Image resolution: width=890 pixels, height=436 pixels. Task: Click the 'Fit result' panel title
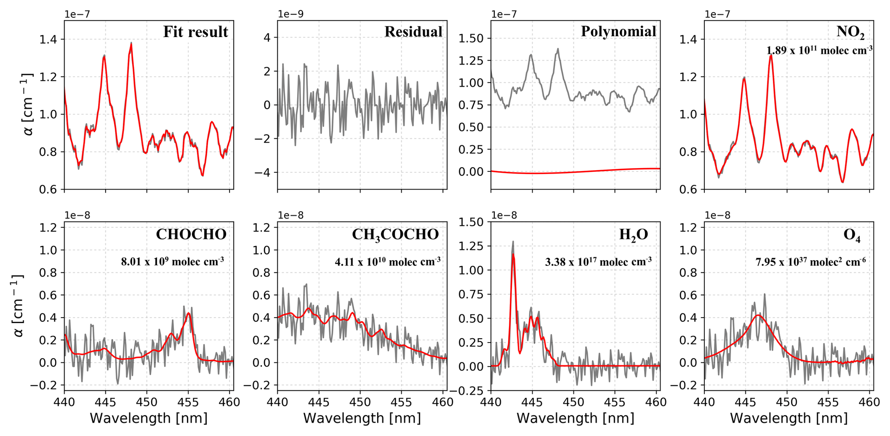(195, 32)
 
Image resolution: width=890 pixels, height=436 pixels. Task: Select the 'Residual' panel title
(413, 31)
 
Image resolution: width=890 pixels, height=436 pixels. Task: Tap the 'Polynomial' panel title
(618, 31)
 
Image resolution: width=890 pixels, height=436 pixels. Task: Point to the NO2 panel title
(850, 31)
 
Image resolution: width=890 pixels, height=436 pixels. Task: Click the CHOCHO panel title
(191, 234)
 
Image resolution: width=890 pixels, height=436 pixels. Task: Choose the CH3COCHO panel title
(395, 234)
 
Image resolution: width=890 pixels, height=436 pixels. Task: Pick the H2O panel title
(633, 234)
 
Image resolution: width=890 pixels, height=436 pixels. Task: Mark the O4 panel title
(852, 235)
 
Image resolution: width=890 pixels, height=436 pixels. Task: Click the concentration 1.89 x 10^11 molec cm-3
(819, 50)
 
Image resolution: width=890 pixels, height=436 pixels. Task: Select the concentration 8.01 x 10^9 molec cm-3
(172, 261)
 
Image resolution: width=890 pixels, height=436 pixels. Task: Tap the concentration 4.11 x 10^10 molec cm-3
(388, 261)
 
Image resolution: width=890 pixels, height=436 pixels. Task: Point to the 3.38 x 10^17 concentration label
(598, 262)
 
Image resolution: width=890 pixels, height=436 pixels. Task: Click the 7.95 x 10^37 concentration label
(810, 262)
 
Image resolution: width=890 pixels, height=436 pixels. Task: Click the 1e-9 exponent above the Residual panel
(291, 14)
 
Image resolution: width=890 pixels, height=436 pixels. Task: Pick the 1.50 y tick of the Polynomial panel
(472, 38)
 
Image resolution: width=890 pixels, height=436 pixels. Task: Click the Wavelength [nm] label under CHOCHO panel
(149, 418)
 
